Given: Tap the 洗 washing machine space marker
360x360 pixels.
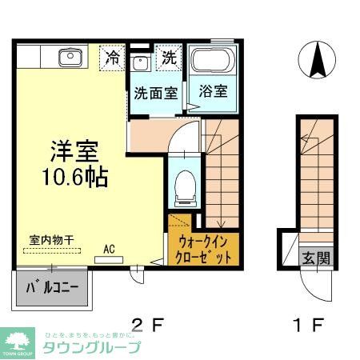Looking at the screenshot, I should (169, 58).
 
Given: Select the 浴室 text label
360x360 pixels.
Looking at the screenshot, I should (213, 90).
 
